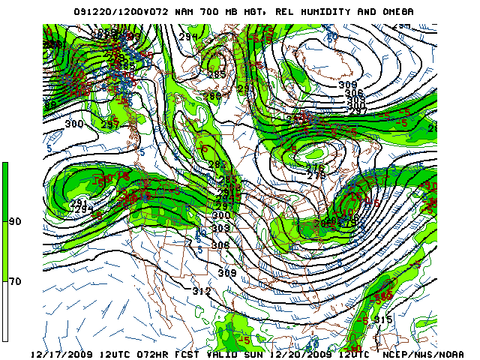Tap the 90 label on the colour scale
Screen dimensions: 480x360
(15, 223)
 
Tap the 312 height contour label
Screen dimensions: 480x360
(201, 291)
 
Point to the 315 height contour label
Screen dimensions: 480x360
(382, 320)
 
